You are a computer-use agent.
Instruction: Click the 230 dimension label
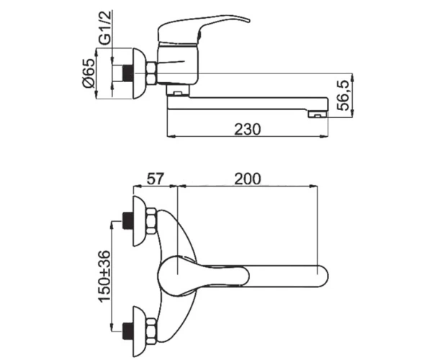247,129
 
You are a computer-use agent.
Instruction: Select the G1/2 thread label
106,27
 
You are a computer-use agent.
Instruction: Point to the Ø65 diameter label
89,73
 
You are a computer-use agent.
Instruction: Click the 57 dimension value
155,179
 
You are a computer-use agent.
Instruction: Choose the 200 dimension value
247,179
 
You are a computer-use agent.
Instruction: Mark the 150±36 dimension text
105,276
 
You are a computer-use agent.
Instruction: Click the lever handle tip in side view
247,20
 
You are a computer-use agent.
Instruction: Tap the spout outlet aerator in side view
317,114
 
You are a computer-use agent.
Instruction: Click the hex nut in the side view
151,73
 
